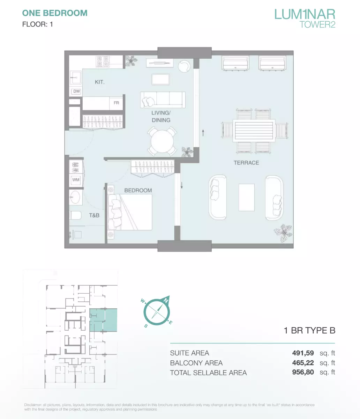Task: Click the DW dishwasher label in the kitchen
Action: click(x=76, y=91)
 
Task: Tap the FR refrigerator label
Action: click(x=116, y=103)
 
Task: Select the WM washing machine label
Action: click(x=76, y=180)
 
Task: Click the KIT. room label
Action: click(x=100, y=82)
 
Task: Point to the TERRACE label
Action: click(x=246, y=163)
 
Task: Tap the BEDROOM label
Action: click(x=138, y=191)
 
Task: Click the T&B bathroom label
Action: click(x=94, y=215)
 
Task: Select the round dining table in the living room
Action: click(x=162, y=141)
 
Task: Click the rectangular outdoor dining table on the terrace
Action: click(x=254, y=131)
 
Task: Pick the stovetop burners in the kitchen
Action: click(x=103, y=61)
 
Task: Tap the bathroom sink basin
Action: click(x=75, y=197)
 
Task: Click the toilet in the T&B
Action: click(x=75, y=215)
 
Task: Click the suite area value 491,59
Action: click(x=303, y=353)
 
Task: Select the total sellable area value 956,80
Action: click(x=303, y=372)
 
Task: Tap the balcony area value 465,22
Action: click(x=303, y=363)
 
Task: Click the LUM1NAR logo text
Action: click(x=305, y=14)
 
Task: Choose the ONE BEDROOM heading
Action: click(x=55, y=13)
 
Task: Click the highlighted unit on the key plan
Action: click(x=103, y=320)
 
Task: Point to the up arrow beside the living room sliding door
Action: click(x=203, y=133)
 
